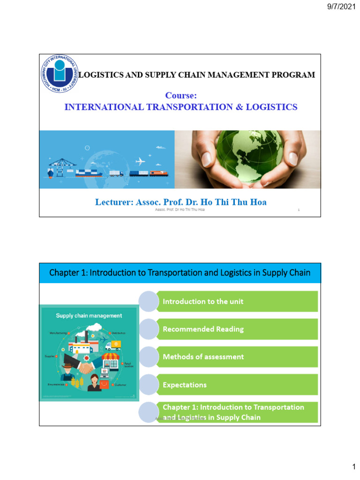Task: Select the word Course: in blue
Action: tap(180, 96)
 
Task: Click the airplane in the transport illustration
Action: tap(140, 162)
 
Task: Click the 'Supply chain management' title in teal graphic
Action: tap(89, 316)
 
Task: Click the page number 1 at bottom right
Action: tap(354, 467)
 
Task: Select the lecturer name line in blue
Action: tap(181, 202)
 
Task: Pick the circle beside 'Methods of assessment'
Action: tap(149, 357)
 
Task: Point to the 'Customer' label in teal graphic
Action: tap(120, 384)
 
